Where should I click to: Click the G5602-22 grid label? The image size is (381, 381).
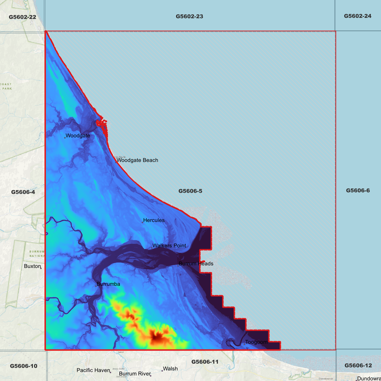[x=22, y=17]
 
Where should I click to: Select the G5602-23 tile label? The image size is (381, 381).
[x=189, y=17]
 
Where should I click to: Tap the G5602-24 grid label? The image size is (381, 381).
[x=358, y=16]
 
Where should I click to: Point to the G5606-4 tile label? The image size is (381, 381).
[x=23, y=192]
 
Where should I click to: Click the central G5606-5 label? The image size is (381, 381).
[x=190, y=191]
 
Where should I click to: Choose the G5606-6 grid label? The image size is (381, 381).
[x=358, y=190]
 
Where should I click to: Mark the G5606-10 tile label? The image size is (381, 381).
[x=24, y=366]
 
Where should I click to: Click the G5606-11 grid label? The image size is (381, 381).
[x=205, y=362]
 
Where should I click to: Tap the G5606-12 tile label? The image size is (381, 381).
[x=358, y=366]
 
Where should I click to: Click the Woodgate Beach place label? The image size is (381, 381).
[x=137, y=160]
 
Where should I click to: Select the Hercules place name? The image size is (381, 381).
[x=154, y=220]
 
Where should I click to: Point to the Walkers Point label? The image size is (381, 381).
[x=169, y=246]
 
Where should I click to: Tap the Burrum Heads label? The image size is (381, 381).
[x=196, y=264]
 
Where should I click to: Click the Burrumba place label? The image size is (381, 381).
[x=108, y=284]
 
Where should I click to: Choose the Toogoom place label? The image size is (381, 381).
[x=256, y=342]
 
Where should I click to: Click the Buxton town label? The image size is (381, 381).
[x=33, y=266]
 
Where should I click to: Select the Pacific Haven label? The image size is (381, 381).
[x=93, y=370]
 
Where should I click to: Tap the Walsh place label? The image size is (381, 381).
[x=170, y=369]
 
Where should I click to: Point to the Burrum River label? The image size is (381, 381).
[x=135, y=374]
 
